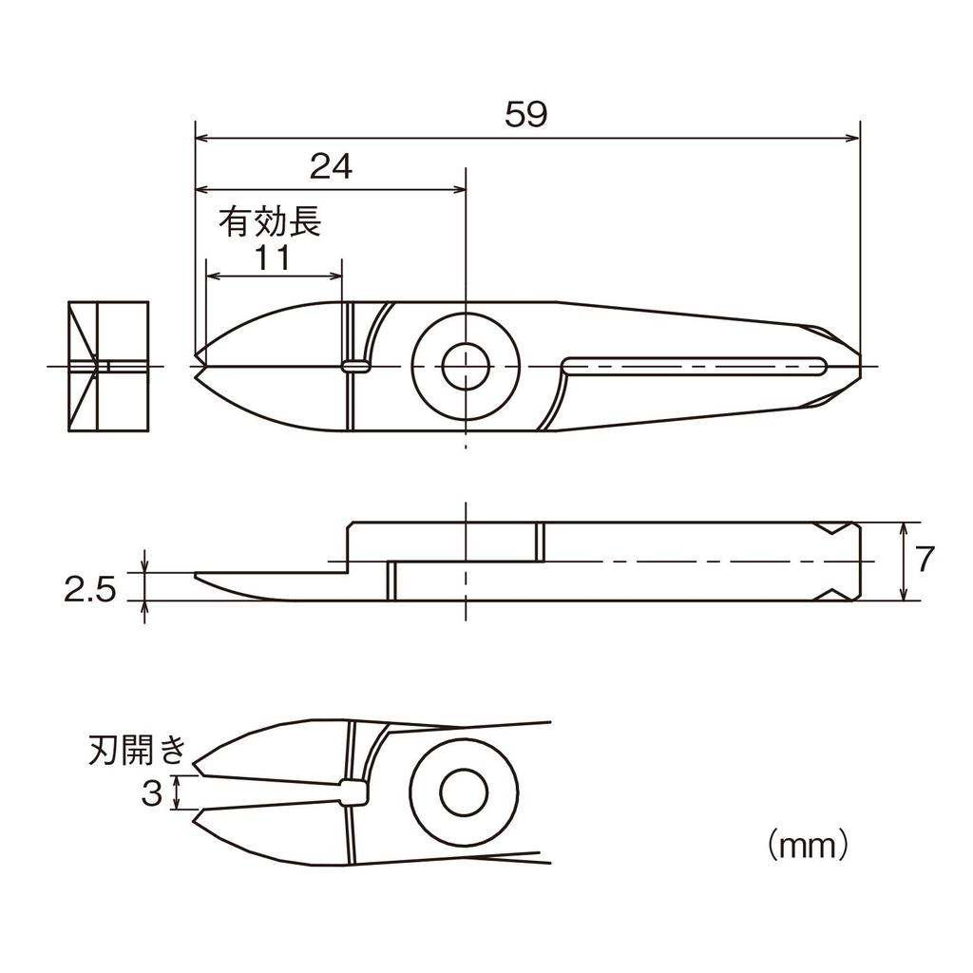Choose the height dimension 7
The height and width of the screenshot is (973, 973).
[925, 561]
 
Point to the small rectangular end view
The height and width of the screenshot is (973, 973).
[109, 366]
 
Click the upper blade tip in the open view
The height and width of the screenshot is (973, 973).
[198, 766]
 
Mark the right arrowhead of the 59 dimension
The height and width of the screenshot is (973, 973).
[854, 139]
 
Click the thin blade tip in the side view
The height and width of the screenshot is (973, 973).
[200, 578]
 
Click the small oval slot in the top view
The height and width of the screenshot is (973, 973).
[355, 365]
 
